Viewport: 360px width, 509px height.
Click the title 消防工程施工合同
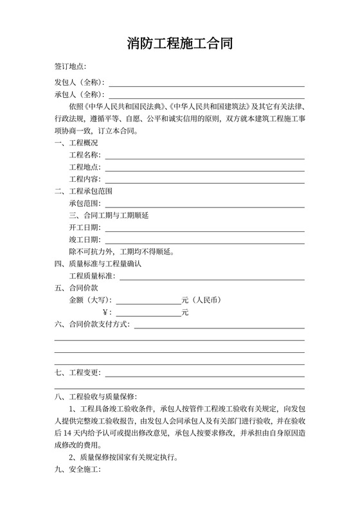pyautogui.click(x=179, y=44)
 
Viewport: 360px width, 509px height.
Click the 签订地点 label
pyautogui.click(x=70, y=67)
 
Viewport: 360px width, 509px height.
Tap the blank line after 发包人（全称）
pyautogui.click(x=206, y=84)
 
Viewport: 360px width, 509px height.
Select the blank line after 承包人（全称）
pyautogui.click(x=206, y=95)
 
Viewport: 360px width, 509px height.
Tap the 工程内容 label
pyautogui.click(x=84, y=179)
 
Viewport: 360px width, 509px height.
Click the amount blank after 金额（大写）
pyautogui.click(x=148, y=301)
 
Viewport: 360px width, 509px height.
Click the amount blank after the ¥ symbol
pyautogui.click(x=148, y=313)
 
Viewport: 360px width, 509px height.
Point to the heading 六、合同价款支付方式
pyautogui.click(x=92, y=325)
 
